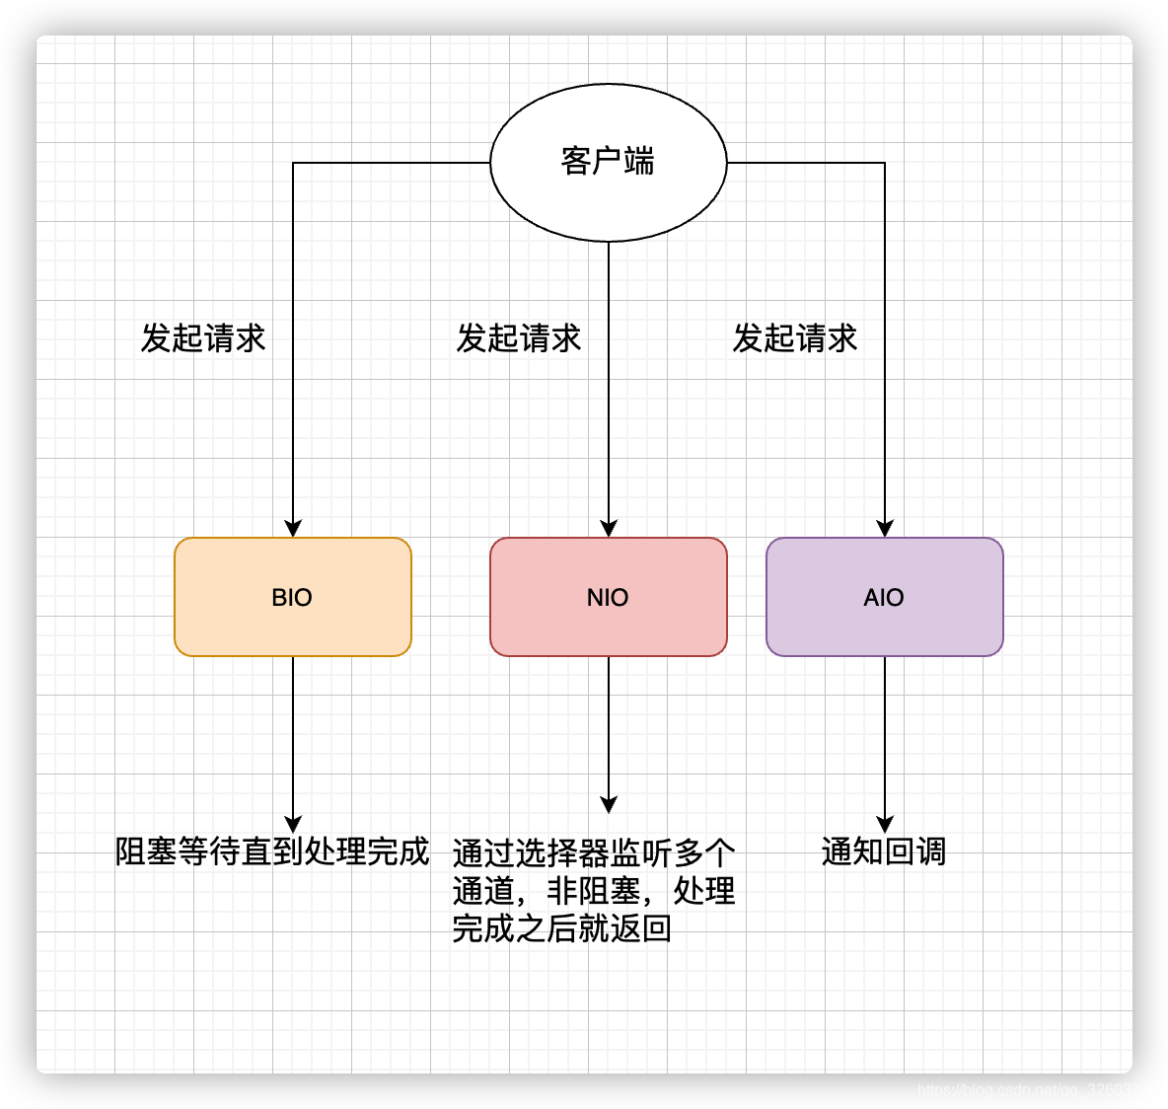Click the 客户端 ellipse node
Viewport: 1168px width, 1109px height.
(x=608, y=162)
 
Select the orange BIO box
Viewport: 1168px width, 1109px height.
(x=292, y=597)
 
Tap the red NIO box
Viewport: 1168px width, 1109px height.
(x=608, y=597)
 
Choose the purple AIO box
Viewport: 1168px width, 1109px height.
(x=884, y=597)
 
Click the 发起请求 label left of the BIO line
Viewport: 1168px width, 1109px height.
(x=203, y=338)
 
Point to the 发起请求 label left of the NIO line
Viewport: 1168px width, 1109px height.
(x=519, y=338)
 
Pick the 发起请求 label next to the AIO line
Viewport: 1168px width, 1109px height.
(x=795, y=338)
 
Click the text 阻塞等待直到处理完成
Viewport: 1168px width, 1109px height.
(x=272, y=850)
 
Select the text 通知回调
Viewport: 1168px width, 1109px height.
(x=884, y=850)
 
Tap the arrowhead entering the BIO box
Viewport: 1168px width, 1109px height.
(x=293, y=528)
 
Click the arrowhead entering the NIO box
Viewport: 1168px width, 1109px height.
(x=609, y=528)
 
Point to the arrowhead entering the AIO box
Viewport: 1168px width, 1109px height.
(x=885, y=528)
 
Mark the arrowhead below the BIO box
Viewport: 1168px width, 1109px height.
(x=293, y=824)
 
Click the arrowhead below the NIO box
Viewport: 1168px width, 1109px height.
(x=609, y=804)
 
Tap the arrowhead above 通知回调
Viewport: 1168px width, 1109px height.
(x=885, y=824)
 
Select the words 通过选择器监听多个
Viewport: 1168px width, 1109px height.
(x=594, y=852)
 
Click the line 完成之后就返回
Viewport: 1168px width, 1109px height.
(x=562, y=928)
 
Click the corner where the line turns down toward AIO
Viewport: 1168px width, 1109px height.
(x=885, y=163)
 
